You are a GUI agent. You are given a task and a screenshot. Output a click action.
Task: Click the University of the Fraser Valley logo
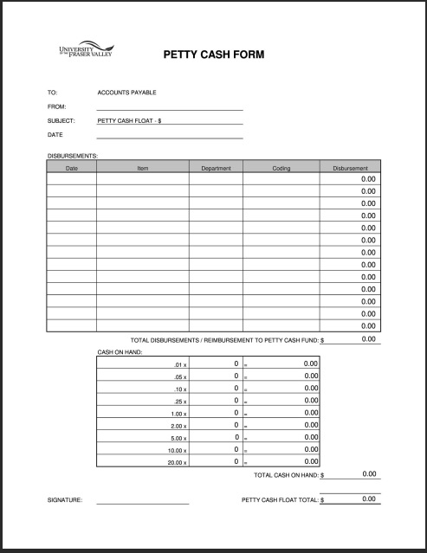pyautogui.click(x=84, y=51)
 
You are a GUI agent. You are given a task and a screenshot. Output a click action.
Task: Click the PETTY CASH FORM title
pyautogui.click(x=214, y=55)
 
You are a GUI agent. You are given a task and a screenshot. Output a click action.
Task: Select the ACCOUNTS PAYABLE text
pyautogui.click(x=126, y=93)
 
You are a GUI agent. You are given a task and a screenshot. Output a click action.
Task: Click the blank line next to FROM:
pyautogui.click(x=170, y=107)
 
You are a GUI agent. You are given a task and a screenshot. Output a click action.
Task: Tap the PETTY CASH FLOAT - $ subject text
pyautogui.click(x=130, y=121)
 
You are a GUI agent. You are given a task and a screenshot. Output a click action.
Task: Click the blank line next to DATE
pyautogui.click(x=170, y=136)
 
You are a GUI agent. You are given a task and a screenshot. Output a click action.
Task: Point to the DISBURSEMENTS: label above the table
pyautogui.click(x=73, y=156)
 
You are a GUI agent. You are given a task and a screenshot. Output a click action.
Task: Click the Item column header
pyautogui.click(x=143, y=168)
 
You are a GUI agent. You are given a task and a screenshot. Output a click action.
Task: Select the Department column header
pyautogui.click(x=216, y=168)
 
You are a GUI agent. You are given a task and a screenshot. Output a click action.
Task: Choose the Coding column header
pyautogui.click(x=281, y=168)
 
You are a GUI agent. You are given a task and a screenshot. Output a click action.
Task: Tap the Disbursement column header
pyautogui.click(x=351, y=168)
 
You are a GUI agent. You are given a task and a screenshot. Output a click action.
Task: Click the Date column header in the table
pyautogui.click(x=72, y=168)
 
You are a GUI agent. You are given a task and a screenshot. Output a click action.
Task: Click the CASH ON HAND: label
pyautogui.click(x=120, y=352)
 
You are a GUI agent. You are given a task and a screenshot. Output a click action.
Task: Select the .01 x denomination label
pyautogui.click(x=181, y=365)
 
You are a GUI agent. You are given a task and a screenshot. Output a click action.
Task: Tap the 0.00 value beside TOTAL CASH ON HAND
pyautogui.click(x=368, y=474)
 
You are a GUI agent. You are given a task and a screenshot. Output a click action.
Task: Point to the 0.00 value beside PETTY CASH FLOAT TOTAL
pyautogui.click(x=368, y=499)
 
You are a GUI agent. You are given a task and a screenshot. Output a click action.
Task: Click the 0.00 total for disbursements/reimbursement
pyautogui.click(x=368, y=339)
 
